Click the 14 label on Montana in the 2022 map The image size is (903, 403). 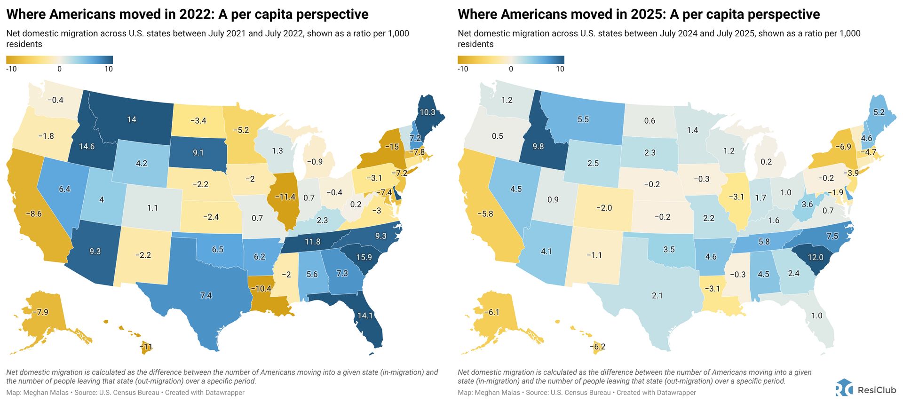[x=132, y=119]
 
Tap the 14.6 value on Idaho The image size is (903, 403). [x=87, y=146]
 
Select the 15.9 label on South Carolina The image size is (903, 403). [x=364, y=257]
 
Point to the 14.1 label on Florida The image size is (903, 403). [x=365, y=316]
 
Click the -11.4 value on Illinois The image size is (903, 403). [x=285, y=197]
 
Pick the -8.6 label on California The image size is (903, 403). [x=33, y=213]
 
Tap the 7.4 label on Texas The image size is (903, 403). [x=206, y=295]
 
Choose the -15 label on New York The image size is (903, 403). [x=392, y=147]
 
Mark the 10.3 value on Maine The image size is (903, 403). [x=428, y=112]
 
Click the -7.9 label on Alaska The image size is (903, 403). [x=40, y=312]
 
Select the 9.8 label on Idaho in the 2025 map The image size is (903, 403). [x=538, y=146]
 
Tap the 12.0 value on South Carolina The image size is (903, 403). [x=816, y=257]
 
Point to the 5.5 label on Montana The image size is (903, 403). [x=583, y=119]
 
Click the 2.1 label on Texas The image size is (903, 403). [x=657, y=295]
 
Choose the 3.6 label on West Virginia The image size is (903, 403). [x=807, y=205]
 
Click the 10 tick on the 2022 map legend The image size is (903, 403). [x=109, y=69]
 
